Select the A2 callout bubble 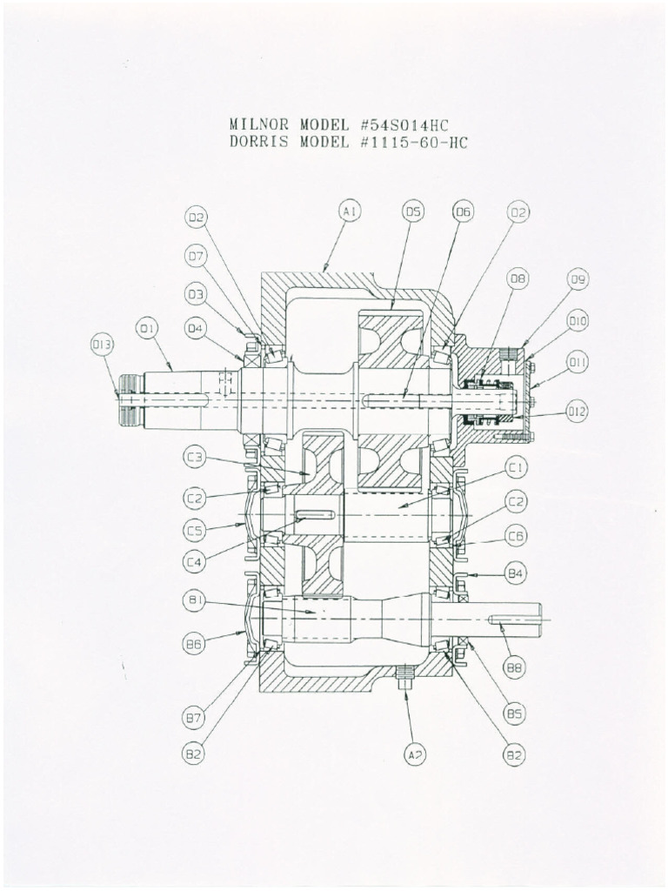tap(415, 755)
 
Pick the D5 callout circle tap(413, 211)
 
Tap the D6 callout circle tap(464, 211)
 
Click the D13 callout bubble tap(103, 345)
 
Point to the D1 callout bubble tap(146, 328)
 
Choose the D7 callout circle tap(196, 256)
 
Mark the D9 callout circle tap(578, 279)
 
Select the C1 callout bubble tap(516, 469)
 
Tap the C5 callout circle tap(194, 529)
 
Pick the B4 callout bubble tap(516, 574)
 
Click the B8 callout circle tap(515, 668)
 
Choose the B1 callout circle tap(194, 600)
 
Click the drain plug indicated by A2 tap(403, 677)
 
